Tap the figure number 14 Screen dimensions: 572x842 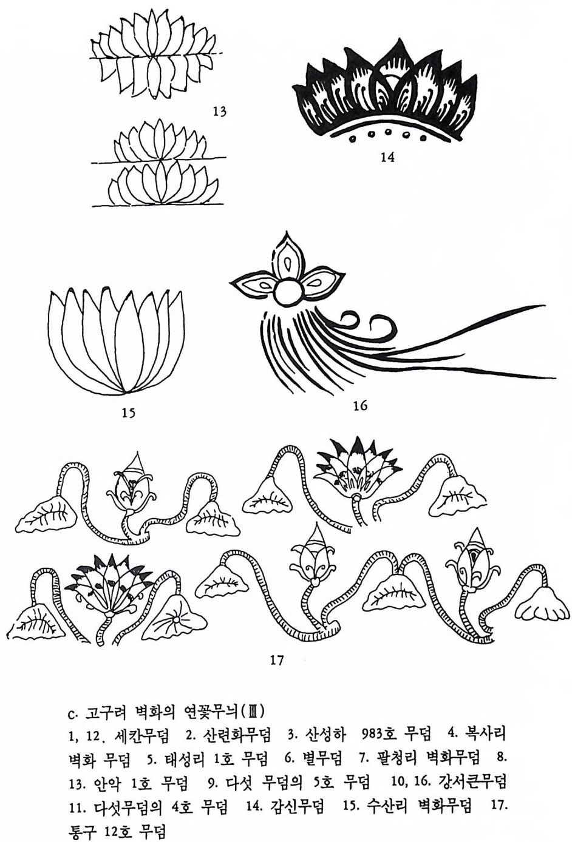tap(387, 158)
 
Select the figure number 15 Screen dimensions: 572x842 tap(128, 413)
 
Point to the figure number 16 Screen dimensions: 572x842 tap(360, 406)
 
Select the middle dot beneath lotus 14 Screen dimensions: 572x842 tap(387, 132)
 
